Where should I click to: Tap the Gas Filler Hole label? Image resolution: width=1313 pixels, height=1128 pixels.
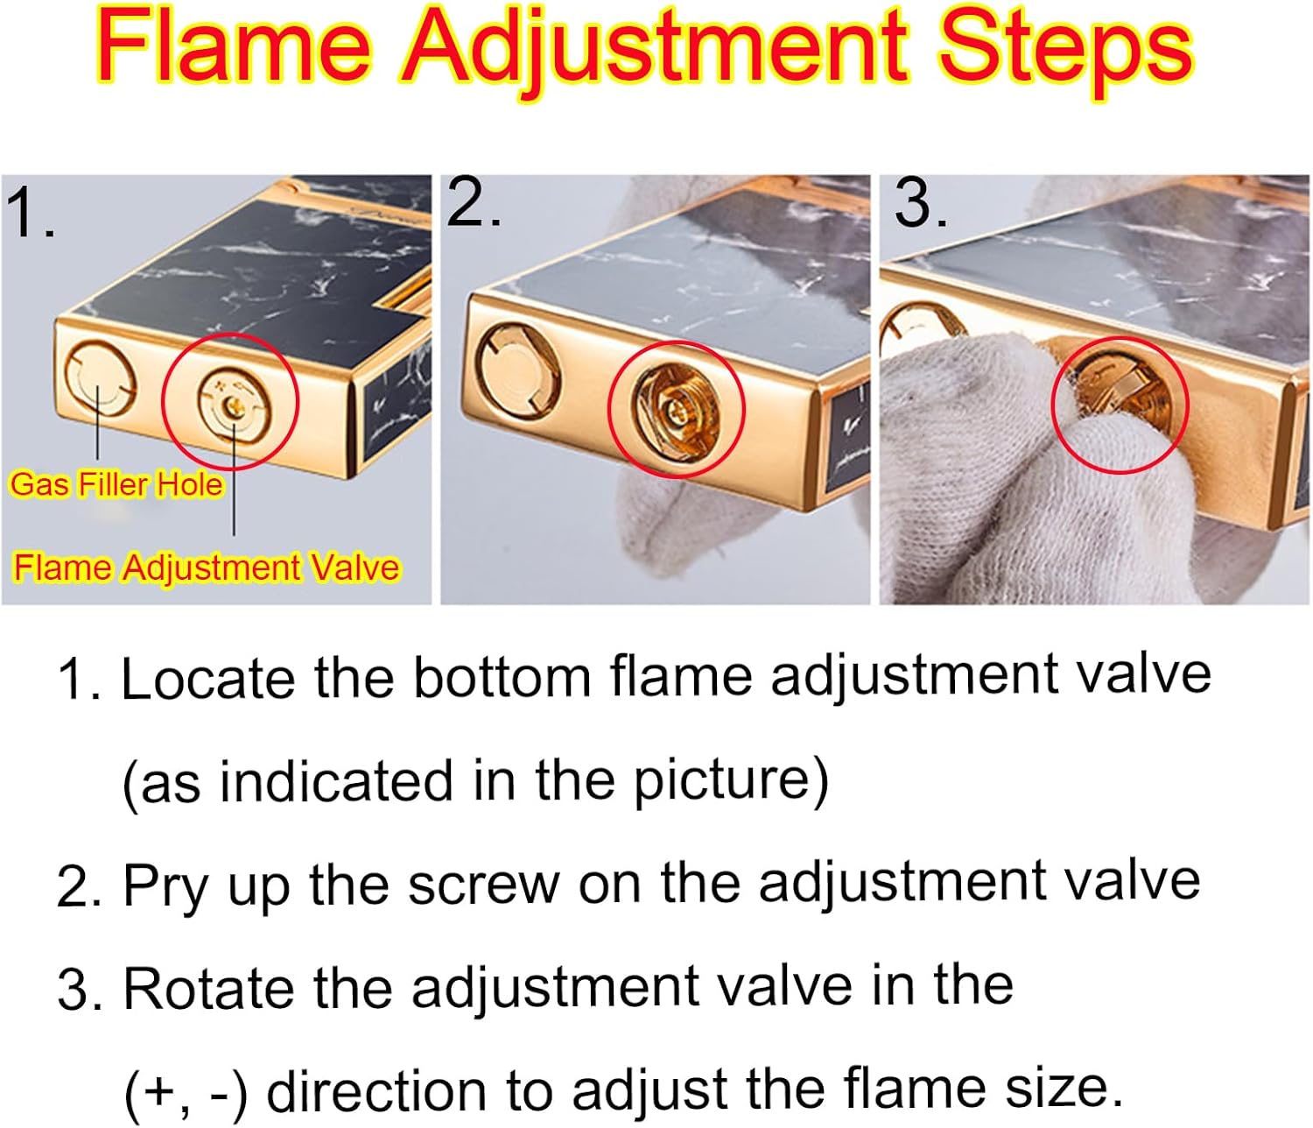[x=116, y=484]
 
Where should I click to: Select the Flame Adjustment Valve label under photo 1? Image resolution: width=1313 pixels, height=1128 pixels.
[x=207, y=567]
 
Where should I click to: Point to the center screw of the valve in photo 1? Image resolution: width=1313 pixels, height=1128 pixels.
[x=233, y=405]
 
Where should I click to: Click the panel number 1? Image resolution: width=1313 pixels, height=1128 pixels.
[x=30, y=213]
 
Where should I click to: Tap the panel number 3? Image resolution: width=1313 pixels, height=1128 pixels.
[x=921, y=202]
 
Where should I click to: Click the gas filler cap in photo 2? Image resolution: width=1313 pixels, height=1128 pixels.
[x=518, y=371]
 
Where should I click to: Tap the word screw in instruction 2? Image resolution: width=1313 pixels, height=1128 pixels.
[x=484, y=885]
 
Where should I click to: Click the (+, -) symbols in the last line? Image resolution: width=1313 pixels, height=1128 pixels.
[x=186, y=1092]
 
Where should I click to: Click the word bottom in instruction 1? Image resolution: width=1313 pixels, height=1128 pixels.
[x=502, y=678]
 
